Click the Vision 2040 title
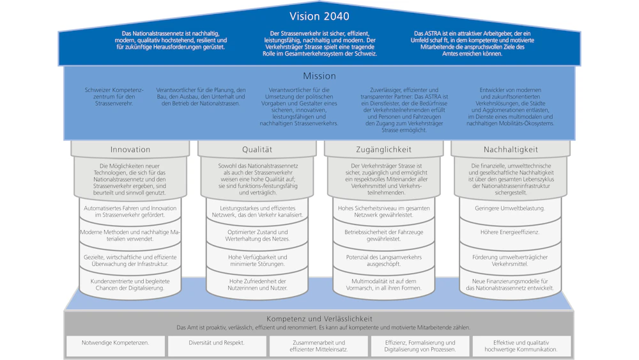[x=319, y=16]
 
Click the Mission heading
[x=319, y=75]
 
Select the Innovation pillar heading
[x=130, y=150]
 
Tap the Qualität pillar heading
[x=257, y=150]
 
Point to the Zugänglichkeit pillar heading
[x=383, y=150]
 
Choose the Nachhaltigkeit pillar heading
[x=511, y=150]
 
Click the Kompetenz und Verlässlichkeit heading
[x=319, y=318]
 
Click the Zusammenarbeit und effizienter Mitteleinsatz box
[x=319, y=346]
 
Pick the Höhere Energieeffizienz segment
[x=510, y=232]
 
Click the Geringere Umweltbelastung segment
[x=510, y=208]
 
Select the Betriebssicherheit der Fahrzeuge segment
[x=383, y=235]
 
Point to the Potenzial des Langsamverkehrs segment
[x=383, y=260]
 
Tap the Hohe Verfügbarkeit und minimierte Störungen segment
[x=258, y=260]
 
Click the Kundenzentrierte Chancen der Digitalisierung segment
[x=130, y=285]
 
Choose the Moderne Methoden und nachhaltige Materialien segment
[x=130, y=235]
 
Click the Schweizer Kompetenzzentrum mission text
[x=114, y=96]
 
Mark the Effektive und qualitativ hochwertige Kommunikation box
[x=521, y=346]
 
